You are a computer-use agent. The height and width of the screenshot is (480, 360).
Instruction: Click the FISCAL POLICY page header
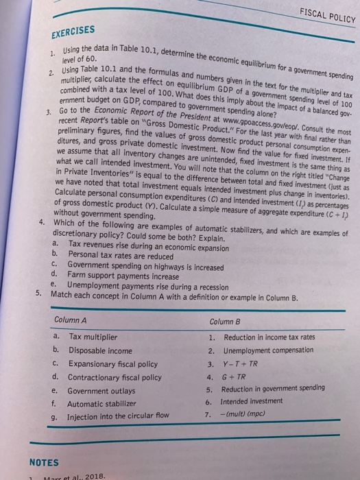[323, 13]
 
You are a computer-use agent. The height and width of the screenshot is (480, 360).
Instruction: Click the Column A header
[72, 320]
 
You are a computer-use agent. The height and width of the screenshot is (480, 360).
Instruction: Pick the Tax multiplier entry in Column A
[94, 337]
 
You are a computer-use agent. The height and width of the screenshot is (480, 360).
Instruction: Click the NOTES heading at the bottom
[44, 462]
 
